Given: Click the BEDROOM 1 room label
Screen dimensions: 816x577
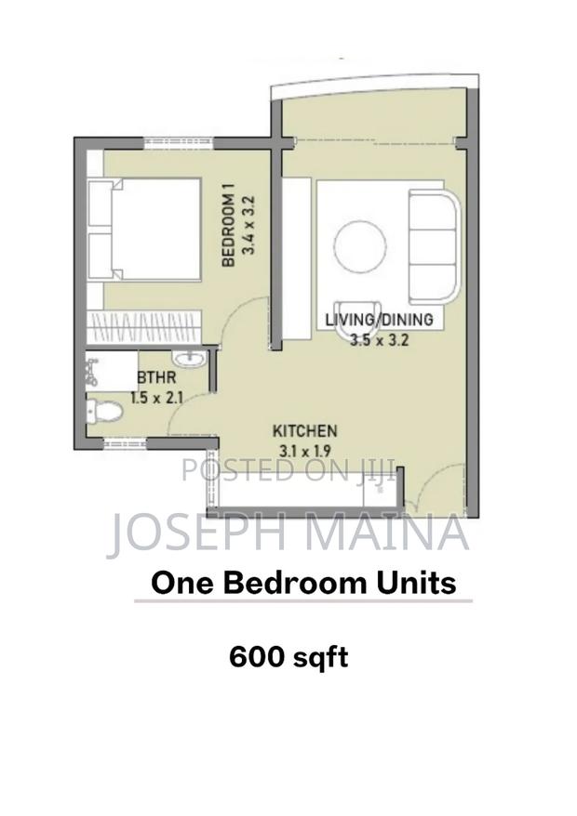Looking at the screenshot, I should [226, 227].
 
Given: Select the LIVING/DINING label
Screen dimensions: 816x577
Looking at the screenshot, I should [379, 321].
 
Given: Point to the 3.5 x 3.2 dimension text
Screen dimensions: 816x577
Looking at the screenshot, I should [380, 339].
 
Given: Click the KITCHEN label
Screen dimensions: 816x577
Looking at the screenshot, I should [304, 431].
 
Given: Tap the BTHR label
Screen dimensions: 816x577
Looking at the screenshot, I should [153, 378].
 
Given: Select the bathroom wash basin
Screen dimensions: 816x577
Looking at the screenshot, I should [191, 357].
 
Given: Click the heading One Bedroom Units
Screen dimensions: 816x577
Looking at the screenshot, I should [304, 583].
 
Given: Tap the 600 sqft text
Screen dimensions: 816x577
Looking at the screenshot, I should [288, 657].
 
